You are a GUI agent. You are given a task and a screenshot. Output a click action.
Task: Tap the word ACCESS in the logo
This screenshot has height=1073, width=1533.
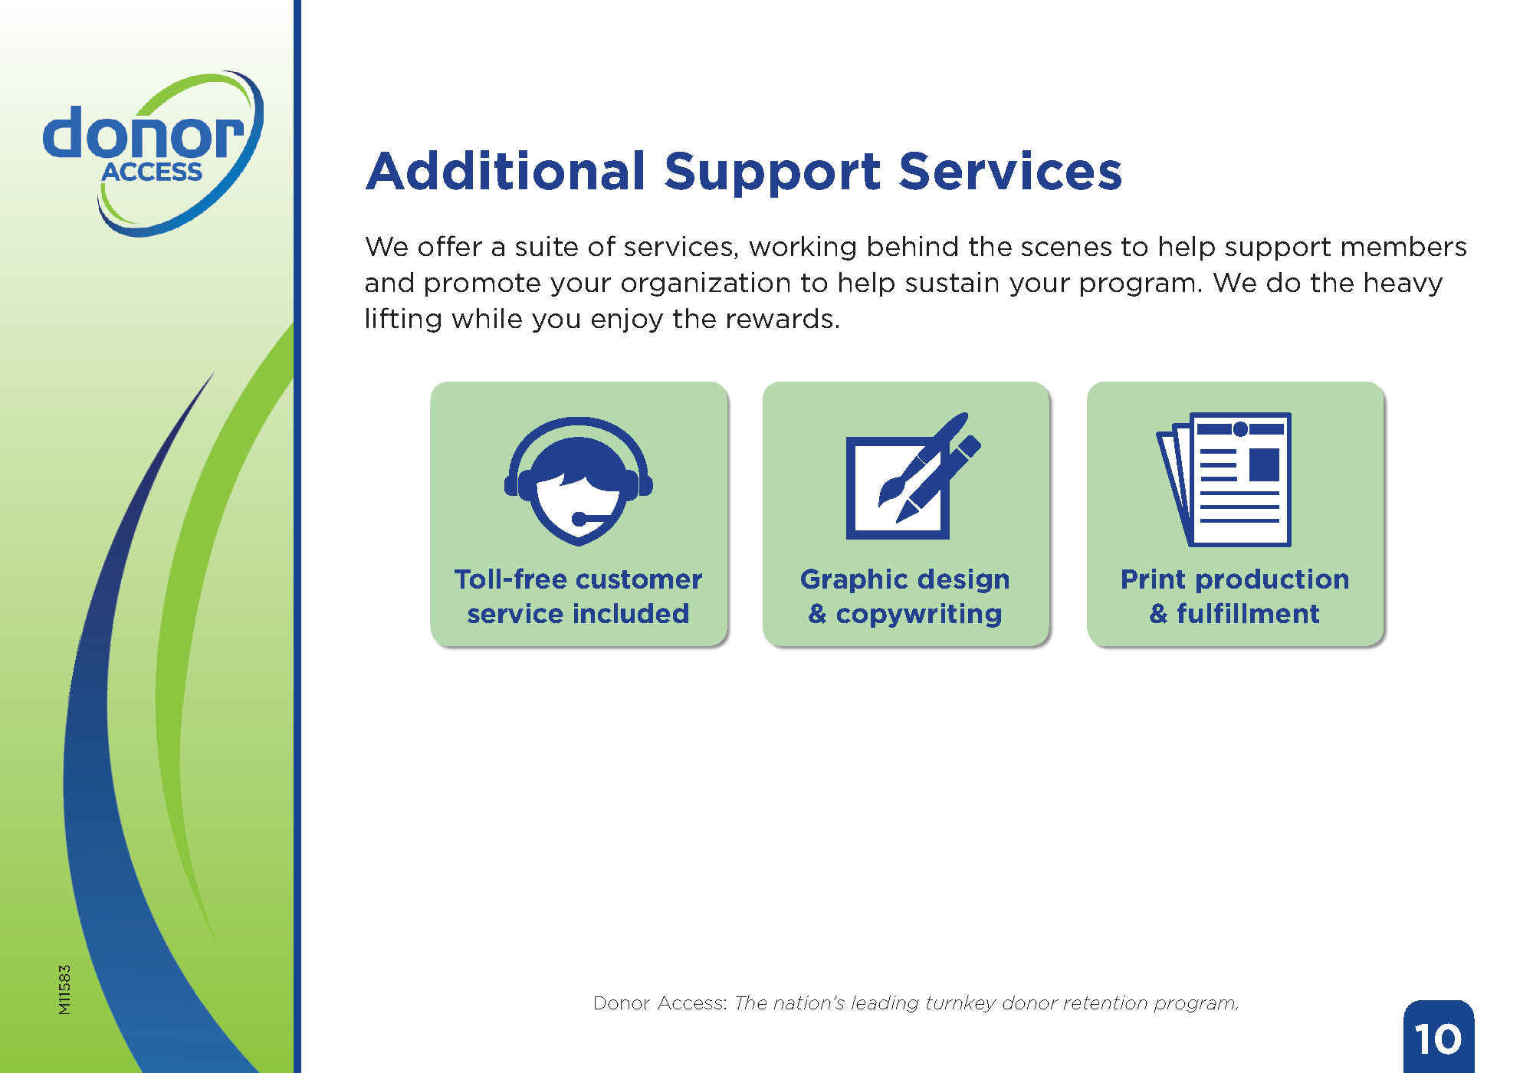click(152, 172)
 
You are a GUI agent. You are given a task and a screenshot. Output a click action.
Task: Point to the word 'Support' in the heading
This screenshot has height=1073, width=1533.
click(773, 172)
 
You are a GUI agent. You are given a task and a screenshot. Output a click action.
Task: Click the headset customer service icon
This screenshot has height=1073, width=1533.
click(579, 481)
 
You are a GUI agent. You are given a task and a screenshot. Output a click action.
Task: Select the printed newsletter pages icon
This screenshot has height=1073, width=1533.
click(1224, 480)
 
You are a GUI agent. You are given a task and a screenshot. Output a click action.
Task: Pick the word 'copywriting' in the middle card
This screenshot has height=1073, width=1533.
click(918, 615)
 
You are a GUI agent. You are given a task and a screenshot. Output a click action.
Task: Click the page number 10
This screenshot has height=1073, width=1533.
click(1438, 1040)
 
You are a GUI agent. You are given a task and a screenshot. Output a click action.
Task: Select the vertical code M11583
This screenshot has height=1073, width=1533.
click(64, 989)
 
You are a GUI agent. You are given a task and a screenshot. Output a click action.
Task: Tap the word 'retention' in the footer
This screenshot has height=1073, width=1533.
click(1105, 1002)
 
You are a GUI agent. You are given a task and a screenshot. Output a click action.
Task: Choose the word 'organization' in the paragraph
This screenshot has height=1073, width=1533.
click(705, 284)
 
